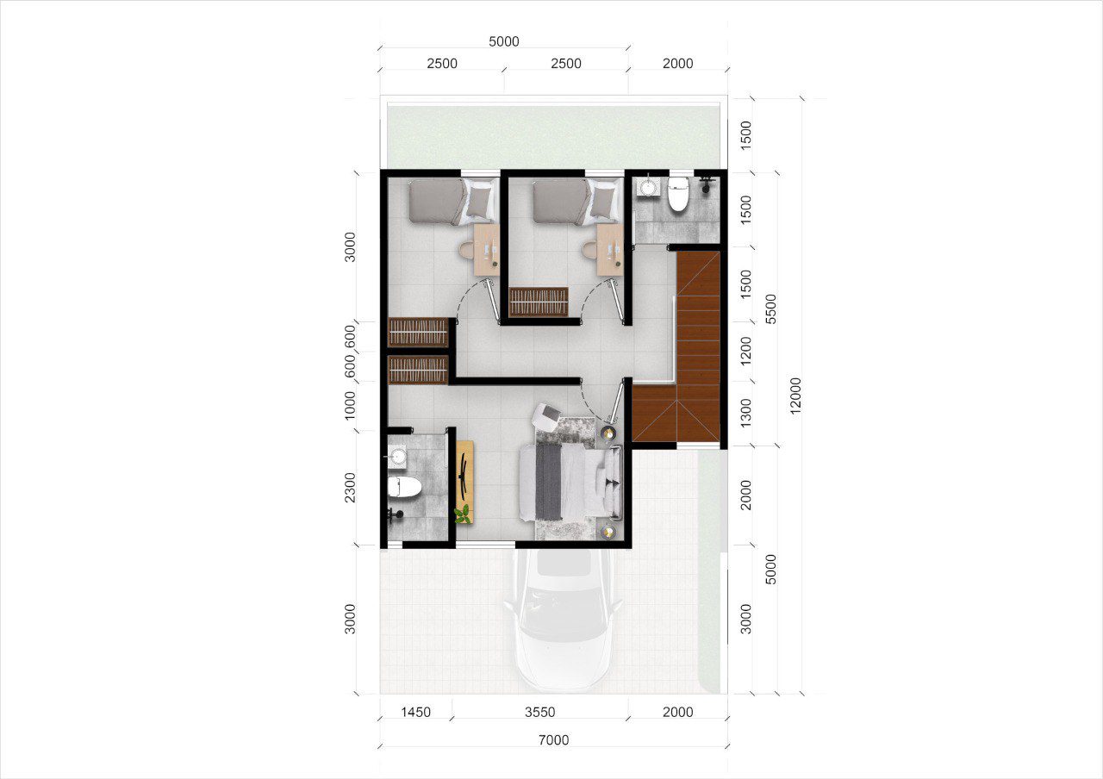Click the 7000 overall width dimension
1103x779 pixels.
point(553,739)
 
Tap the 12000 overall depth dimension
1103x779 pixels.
point(795,396)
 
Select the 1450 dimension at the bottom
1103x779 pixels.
point(415,712)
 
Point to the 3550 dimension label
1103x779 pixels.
point(539,712)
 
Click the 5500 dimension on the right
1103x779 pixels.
point(771,308)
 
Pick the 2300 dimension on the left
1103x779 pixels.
point(350,488)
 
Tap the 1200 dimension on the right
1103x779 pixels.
point(746,351)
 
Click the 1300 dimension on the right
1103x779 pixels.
point(746,413)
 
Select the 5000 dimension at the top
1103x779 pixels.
point(504,41)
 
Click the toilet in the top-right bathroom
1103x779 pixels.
point(677,194)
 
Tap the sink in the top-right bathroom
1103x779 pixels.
point(646,187)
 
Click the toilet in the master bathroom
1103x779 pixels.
point(404,487)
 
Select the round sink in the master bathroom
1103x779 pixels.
point(397,456)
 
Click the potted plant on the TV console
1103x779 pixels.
point(463,514)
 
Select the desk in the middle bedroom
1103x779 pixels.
point(609,250)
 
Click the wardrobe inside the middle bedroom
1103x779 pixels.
point(539,302)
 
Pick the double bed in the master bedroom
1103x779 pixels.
point(571,482)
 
